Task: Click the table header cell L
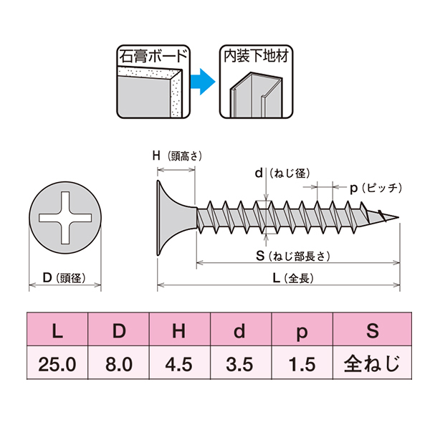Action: coord(57,330)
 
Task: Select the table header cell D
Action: coord(119,330)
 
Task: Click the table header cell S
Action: coord(372,330)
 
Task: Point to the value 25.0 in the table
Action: coord(57,365)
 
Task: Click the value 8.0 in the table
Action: coord(119,365)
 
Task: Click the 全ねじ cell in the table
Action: coord(372,364)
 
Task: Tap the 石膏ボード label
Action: coord(152,55)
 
